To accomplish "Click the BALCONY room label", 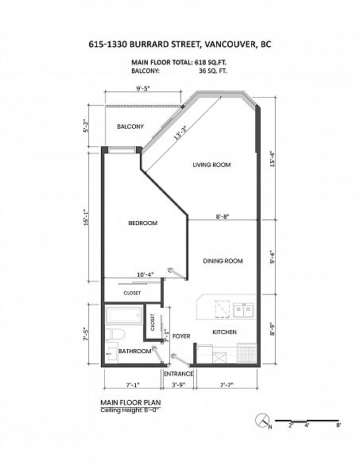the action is click(x=130, y=126).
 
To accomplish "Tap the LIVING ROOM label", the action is click(x=211, y=165).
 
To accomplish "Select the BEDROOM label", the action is click(x=142, y=223).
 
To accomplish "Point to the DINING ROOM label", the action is click(x=223, y=261).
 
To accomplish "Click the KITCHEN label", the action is click(x=225, y=332).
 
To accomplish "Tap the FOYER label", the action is click(x=181, y=336).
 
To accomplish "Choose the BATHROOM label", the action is click(x=135, y=351).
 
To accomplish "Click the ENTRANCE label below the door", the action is click(x=179, y=374).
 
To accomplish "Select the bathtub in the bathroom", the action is click(x=124, y=316).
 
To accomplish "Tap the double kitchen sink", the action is click(x=243, y=310).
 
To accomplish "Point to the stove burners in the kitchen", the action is click(x=246, y=353).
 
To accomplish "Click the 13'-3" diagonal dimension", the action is click(x=180, y=134).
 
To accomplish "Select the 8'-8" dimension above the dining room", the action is click(x=223, y=216).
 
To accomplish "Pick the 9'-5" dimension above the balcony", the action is click(x=143, y=88).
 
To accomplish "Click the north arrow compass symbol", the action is click(x=262, y=420).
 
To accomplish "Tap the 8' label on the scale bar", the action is click(x=339, y=425).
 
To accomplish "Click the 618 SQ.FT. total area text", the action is click(x=211, y=62).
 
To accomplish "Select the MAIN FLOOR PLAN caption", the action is click(x=130, y=402).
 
